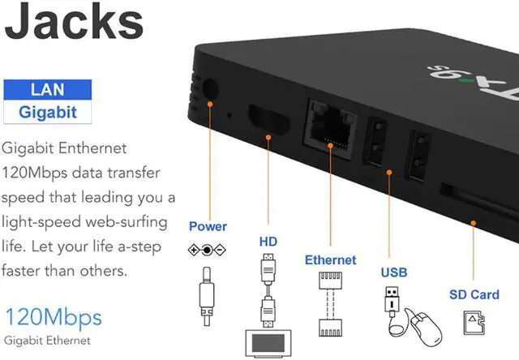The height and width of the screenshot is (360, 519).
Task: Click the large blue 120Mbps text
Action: [x=54, y=316]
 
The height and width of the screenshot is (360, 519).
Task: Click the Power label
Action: [x=208, y=226]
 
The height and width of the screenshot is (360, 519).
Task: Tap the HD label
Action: [x=268, y=241]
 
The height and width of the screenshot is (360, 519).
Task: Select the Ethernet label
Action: [x=330, y=260]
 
